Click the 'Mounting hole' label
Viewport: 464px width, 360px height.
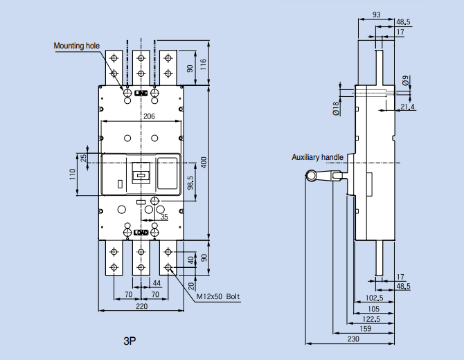point(77,46)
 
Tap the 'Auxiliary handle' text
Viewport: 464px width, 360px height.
point(317,157)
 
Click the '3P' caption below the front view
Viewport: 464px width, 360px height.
point(130,341)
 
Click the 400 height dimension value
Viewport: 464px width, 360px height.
point(204,161)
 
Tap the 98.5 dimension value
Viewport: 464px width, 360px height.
point(190,183)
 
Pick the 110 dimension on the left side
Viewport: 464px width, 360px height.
point(73,174)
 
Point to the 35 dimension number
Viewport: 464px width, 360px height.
point(164,217)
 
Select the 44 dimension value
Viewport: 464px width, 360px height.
point(157,284)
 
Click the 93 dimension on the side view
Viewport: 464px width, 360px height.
point(375,15)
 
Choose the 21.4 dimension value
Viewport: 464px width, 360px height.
point(408,107)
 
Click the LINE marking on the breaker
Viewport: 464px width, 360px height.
point(141,92)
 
